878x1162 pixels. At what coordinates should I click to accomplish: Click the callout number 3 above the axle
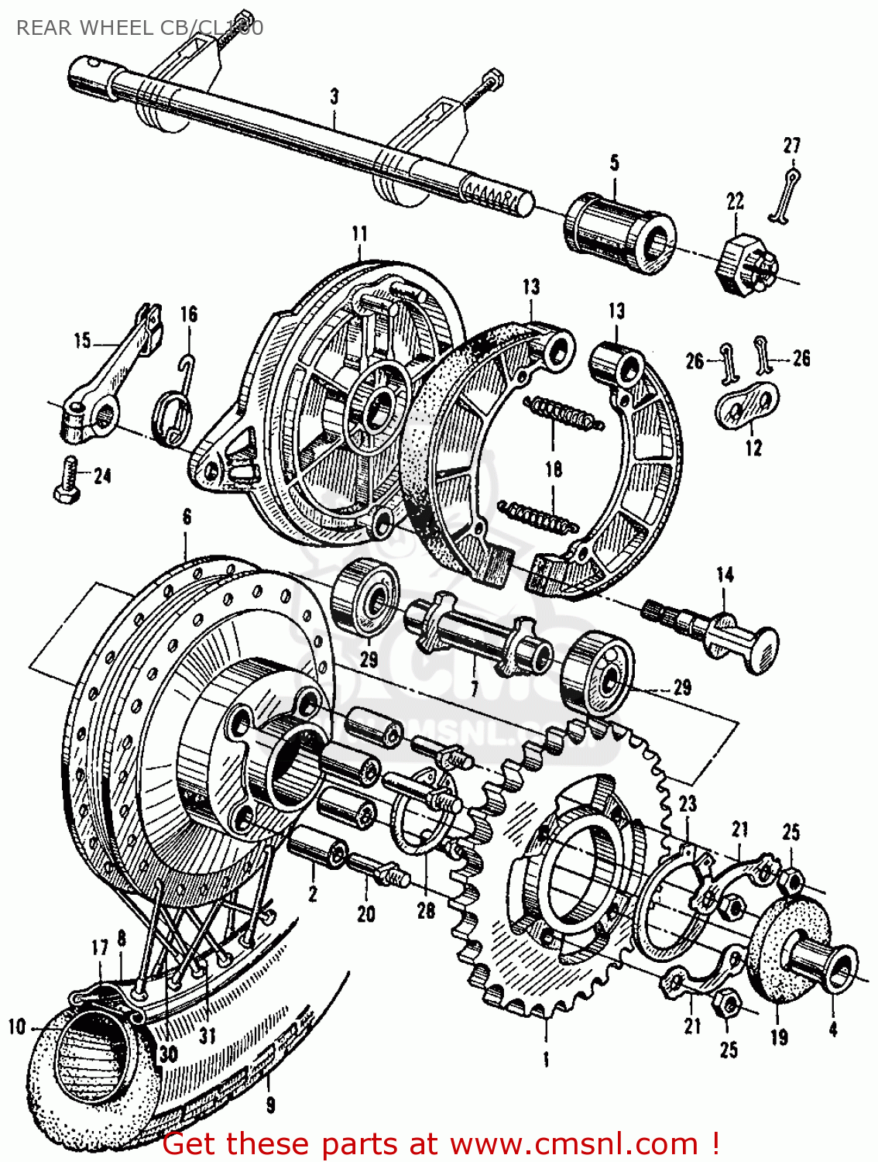[334, 98]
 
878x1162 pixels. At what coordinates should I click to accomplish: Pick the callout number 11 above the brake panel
[359, 234]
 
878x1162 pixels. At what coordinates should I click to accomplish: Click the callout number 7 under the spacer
[474, 688]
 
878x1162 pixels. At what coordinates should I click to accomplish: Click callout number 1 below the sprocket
[546, 1059]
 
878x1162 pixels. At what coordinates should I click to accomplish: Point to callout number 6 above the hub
[187, 517]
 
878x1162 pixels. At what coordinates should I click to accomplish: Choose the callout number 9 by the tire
[270, 1104]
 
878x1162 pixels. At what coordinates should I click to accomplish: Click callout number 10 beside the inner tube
[17, 1027]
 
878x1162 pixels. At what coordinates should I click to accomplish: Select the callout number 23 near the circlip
[688, 804]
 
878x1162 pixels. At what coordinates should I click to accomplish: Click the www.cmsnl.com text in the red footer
[574, 1143]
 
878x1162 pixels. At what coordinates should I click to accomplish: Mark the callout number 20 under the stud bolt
[365, 914]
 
